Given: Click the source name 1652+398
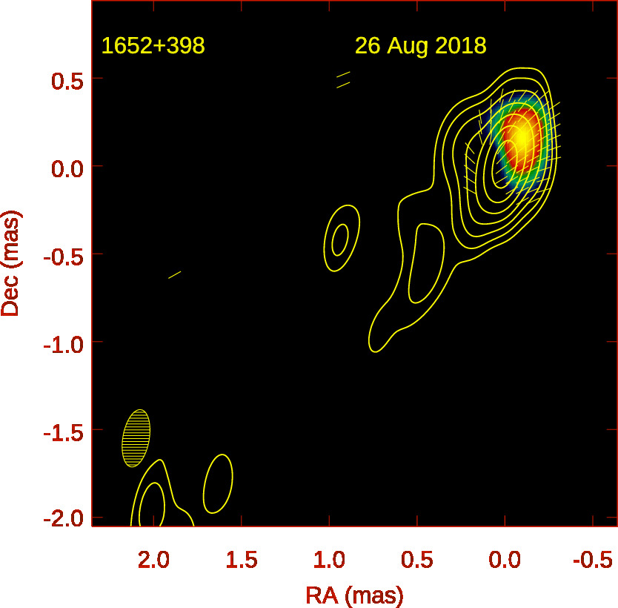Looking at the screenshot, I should coord(153,46).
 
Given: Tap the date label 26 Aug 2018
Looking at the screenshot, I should coord(420,46).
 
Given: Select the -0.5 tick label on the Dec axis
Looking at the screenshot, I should coord(62,255).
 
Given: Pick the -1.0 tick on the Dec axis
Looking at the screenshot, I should coord(62,343).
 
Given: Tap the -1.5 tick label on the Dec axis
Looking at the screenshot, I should coord(62,431).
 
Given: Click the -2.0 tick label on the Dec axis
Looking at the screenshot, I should coord(62,518).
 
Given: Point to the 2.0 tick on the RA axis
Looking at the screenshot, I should coord(153,558).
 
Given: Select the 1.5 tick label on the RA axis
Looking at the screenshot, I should coord(242,558).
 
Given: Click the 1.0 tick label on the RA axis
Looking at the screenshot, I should coord(329,558).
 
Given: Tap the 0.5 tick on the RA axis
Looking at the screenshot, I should coord(417,558).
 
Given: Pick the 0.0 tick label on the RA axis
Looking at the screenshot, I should coord(505,558).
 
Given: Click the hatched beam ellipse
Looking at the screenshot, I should coord(136,437).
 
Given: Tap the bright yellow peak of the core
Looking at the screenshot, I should coord(522,136).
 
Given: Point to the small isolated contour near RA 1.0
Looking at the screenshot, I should coord(341,239).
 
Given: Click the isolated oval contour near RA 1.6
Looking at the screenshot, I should coord(218,483).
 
